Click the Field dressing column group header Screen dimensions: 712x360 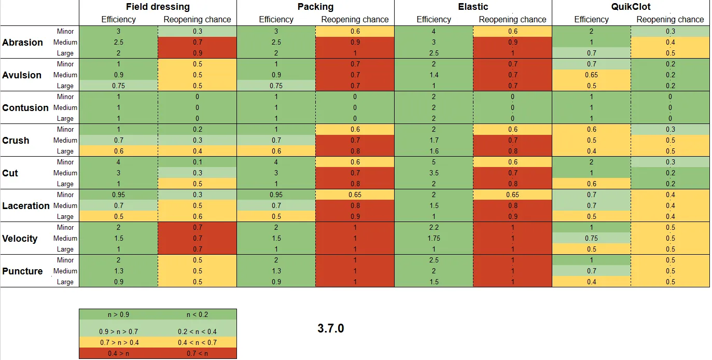pos(158,7)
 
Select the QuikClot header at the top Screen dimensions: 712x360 pos(631,7)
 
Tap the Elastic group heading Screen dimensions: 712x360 pos(473,7)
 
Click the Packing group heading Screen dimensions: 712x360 pos(315,7)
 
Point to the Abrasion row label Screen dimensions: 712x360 pos(22,43)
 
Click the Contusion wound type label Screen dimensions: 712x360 pos(25,108)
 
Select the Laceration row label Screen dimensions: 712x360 pos(26,206)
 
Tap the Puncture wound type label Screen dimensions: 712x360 pos(22,271)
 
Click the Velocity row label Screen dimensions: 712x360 pos(20,239)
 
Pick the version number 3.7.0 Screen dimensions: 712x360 pos(330,328)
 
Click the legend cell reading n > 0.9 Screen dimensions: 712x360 pos(118,314)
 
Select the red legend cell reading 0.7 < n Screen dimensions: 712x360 pos(197,353)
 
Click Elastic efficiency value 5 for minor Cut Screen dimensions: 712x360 pos(434,162)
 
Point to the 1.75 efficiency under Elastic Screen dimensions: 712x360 pos(434,239)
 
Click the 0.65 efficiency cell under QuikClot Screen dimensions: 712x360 pos(591,75)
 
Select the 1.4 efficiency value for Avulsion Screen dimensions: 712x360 pos(434,75)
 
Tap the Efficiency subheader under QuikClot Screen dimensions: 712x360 pos(591,19)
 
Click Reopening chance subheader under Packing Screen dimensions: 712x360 pos(355,19)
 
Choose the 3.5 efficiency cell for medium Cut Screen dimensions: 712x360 pos(434,173)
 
